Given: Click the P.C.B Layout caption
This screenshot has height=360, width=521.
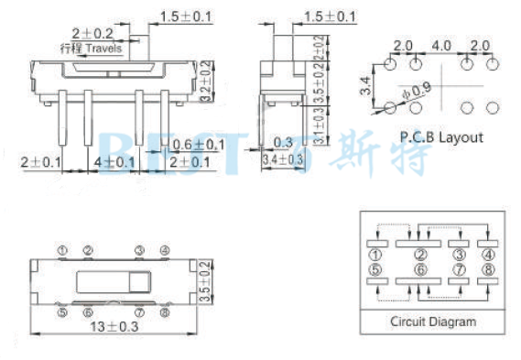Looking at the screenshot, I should (441, 137).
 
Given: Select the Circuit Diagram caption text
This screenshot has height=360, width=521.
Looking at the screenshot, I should (433, 322).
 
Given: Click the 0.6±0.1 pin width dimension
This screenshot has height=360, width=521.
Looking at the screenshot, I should (199, 145).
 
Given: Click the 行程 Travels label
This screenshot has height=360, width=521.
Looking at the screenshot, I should (91, 48).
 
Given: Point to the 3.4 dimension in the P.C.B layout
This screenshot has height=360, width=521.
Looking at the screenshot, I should (364, 89).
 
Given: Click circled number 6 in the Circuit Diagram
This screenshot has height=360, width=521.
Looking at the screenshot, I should (419, 269).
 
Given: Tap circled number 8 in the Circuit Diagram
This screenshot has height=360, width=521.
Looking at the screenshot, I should (489, 269).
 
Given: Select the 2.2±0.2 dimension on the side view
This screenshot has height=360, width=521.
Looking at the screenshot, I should (319, 49).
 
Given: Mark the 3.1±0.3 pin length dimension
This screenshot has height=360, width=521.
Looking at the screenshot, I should (319, 126).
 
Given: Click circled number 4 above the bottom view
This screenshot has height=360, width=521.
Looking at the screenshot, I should (164, 250).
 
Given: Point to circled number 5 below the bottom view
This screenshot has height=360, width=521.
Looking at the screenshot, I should (61, 312).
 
